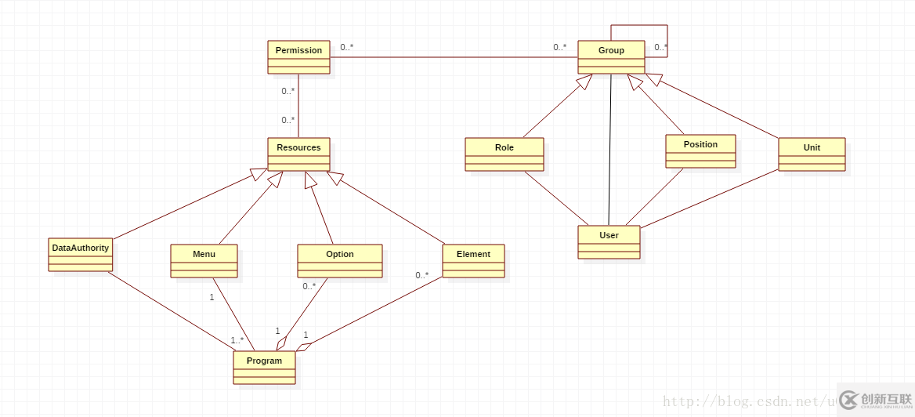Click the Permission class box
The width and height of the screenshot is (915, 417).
tap(298, 57)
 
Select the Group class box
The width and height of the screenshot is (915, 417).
tap(611, 57)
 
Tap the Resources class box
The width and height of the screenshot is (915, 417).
tap(298, 154)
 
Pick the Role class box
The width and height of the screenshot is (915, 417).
tap(504, 154)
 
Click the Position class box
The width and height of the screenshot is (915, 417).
tap(700, 151)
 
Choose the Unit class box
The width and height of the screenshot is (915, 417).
tap(812, 154)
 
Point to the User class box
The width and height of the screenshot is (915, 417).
tap(609, 242)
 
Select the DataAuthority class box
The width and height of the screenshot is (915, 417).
tap(81, 255)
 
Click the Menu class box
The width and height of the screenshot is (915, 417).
tap(204, 261)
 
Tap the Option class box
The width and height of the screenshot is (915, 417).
tap(339, 261)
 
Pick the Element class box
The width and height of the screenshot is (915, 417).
tap(473, 261)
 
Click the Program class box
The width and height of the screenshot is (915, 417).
tap(264, 368)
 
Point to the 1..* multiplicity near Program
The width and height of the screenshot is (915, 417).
tap(237, 340)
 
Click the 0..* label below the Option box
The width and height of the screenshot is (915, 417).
tap(309, 286)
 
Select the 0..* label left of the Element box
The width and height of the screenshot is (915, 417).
tap(421, 275)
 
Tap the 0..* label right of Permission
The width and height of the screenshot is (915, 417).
tap(346, 47)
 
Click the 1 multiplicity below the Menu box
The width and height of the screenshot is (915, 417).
tap(212, 297)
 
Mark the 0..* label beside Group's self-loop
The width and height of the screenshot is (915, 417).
tap(660, 47)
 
